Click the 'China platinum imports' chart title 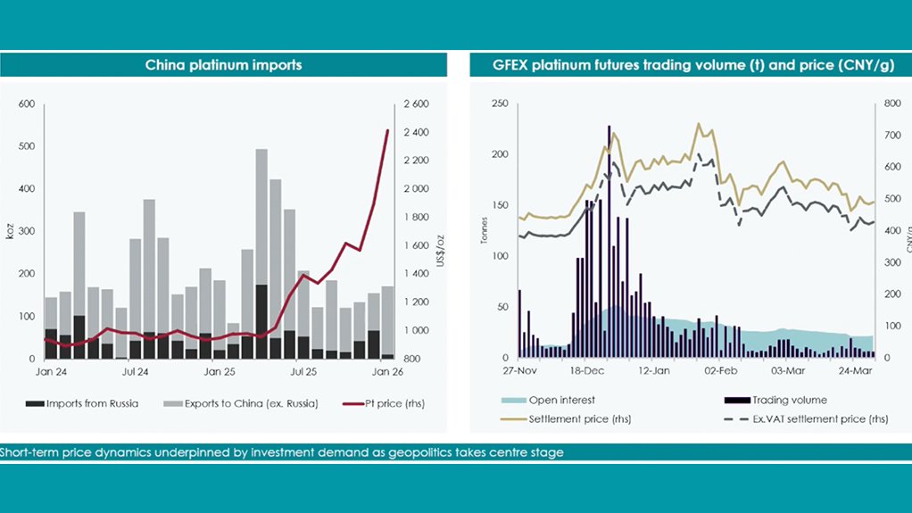coord(224,64)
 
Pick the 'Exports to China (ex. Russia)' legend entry coord(237,403)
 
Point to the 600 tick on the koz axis coord(26,104)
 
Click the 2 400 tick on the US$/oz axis coord(417,133)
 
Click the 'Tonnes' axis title coord(484,231)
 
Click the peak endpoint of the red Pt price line coord(387,130)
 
